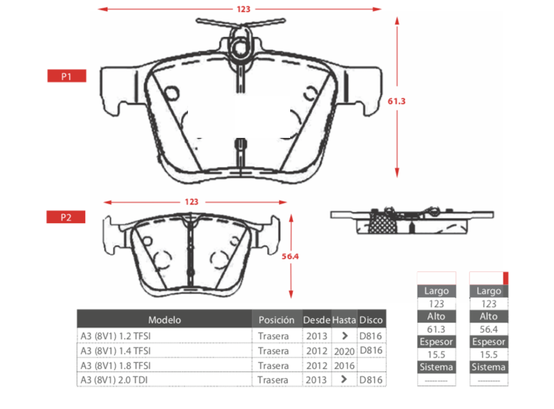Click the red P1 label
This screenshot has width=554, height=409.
(67, 76)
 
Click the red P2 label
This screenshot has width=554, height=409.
(66, 217)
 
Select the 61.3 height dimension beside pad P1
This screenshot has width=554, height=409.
(396, 101)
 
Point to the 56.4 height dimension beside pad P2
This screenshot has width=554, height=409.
(290, 257)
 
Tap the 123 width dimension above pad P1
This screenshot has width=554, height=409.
(243, 9)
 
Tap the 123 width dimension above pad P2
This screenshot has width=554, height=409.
(191, 202)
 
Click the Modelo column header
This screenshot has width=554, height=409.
(164, 320)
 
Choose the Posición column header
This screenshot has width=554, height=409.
(276, 320)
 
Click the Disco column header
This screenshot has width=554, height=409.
(371, 320)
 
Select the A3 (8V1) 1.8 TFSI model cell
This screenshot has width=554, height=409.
(115, 365)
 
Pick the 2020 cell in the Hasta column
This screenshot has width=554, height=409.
(344, 351)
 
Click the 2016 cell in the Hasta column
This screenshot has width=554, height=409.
(344, 365)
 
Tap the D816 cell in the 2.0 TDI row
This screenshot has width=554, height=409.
(371, 380)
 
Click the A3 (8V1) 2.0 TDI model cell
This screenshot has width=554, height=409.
(114, 380)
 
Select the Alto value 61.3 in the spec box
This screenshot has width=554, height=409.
(436, 329)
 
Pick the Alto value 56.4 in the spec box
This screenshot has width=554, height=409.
(489, 329)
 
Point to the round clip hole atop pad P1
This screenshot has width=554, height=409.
(241, 47)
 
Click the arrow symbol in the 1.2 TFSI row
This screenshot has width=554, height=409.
(345, 336)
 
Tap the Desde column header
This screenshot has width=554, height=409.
(317, 320)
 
